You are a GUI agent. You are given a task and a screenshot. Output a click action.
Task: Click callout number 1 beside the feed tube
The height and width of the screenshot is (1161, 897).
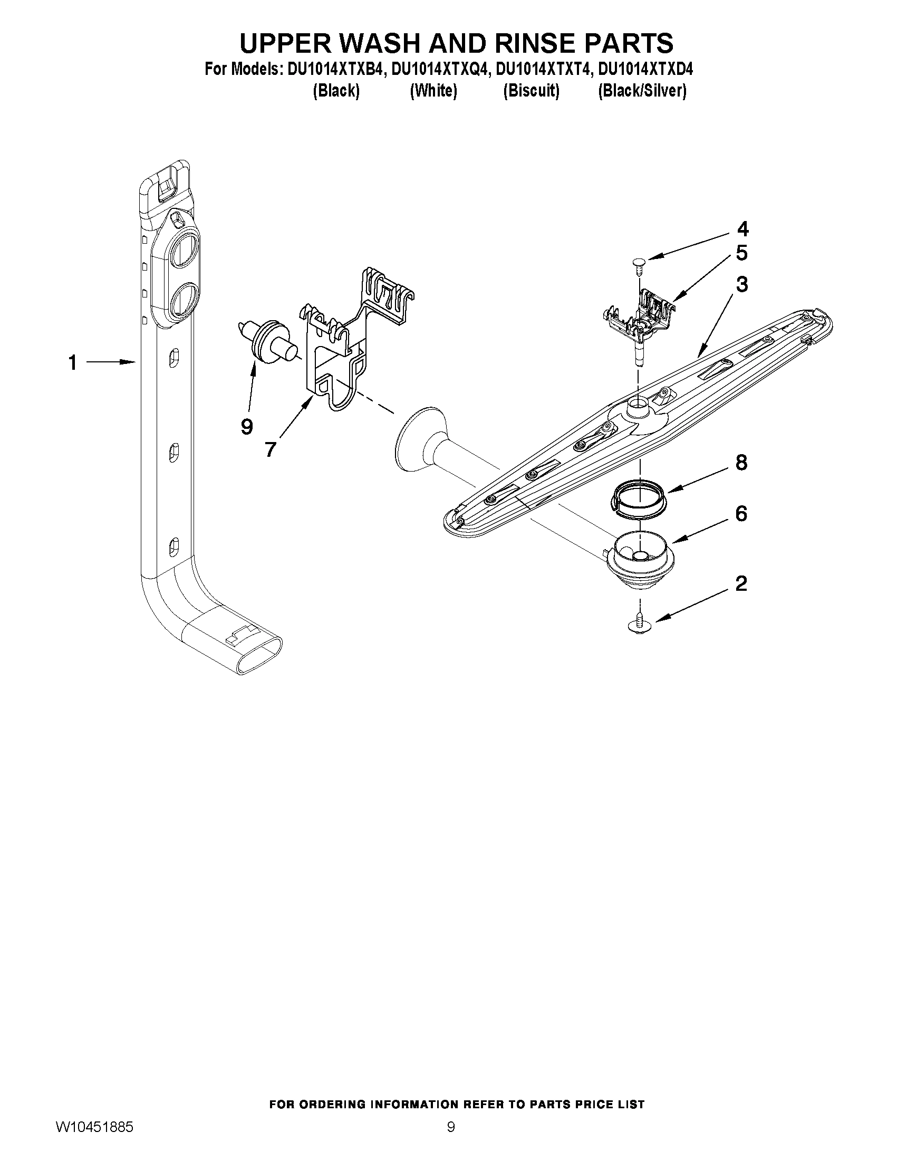pos(72,363)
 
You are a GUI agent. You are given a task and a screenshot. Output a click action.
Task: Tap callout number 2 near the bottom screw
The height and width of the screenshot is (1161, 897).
pos(741,584)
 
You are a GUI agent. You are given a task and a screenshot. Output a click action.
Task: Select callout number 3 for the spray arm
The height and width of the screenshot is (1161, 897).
pos(742,284)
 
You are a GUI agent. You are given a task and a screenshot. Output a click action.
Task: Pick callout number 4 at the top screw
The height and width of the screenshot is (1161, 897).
pos(742,229)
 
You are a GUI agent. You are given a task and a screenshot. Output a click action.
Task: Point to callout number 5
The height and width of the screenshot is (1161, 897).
pos(742,253)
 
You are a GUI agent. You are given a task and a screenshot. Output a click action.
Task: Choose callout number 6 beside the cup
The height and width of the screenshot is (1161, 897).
pos(741,514)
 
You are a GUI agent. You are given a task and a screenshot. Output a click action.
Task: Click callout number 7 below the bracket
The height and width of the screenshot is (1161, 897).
pos(271,449)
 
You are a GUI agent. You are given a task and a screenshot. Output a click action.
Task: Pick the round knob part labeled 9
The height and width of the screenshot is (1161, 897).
pos(266,340)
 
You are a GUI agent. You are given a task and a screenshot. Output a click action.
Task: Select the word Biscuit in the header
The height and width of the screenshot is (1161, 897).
pos(532,91)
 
